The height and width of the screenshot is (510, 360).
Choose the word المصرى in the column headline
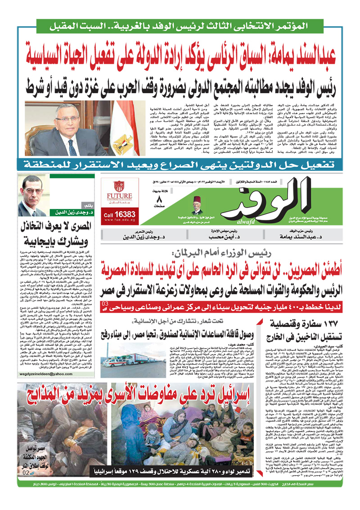[77, 225]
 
